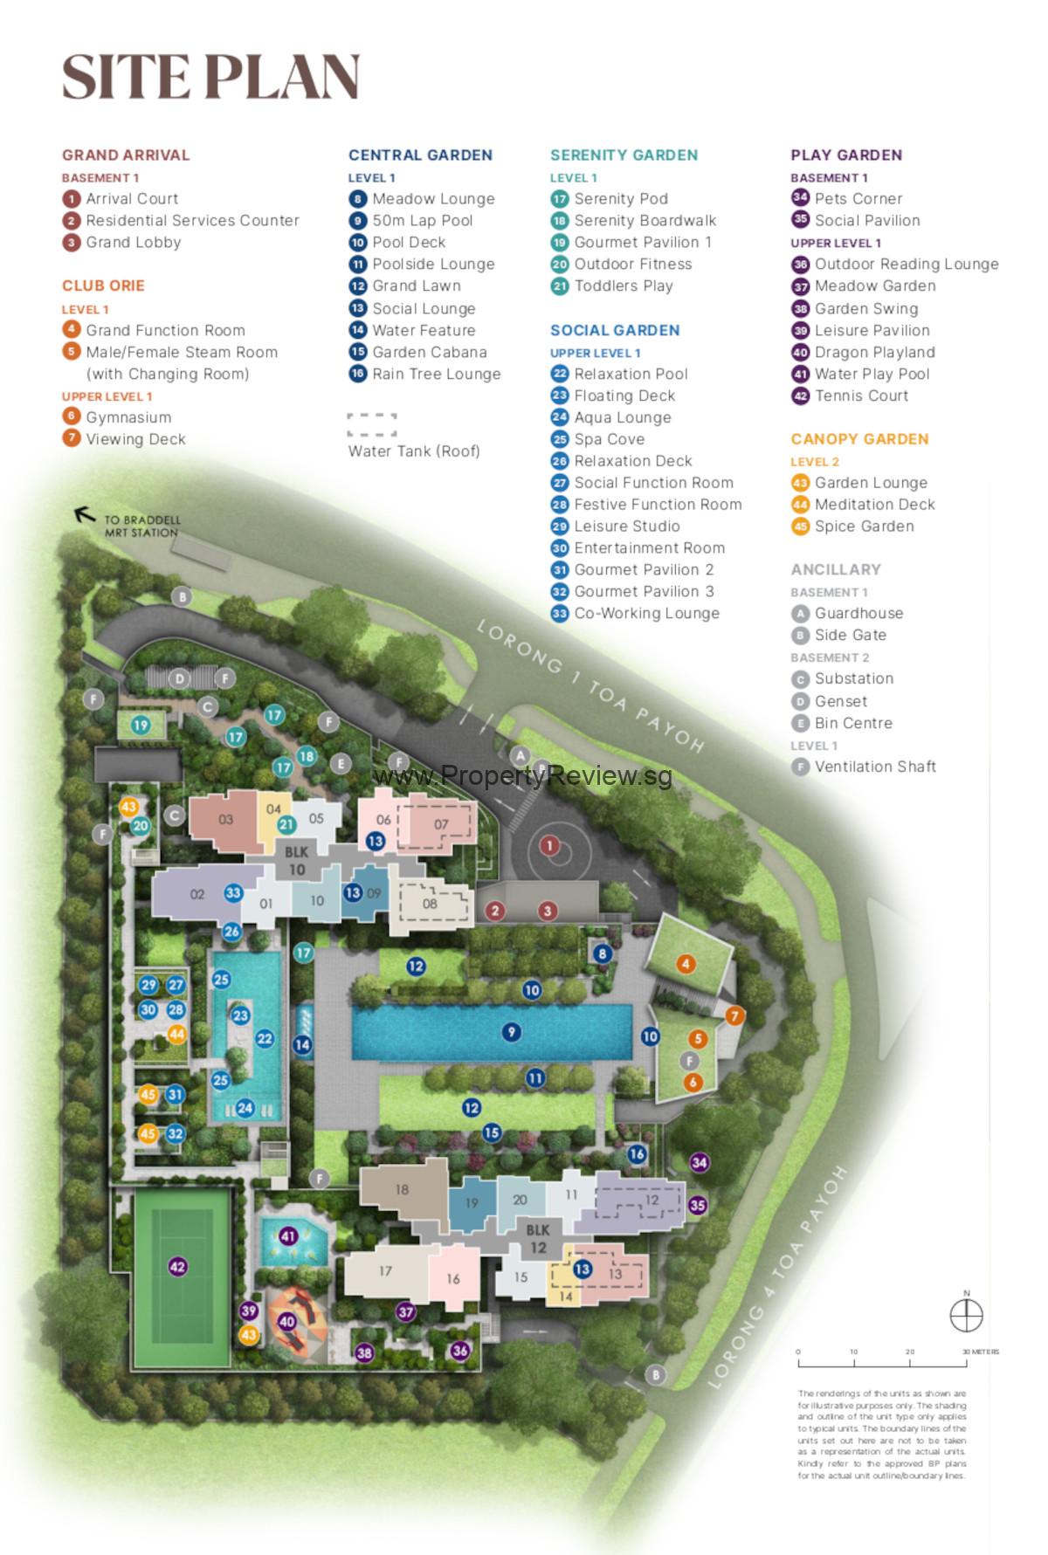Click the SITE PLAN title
210,77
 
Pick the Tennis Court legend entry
850,396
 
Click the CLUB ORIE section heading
103,286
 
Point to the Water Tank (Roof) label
414,451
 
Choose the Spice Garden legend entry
852,526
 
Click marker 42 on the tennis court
177,1267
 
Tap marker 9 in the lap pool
511,1032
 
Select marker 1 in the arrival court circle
549,845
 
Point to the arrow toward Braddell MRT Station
85,514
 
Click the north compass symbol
966,1315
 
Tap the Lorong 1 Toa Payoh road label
591,685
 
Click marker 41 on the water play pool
288,1236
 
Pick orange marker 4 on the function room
686,964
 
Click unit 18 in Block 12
402,1189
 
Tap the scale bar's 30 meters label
980,1352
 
